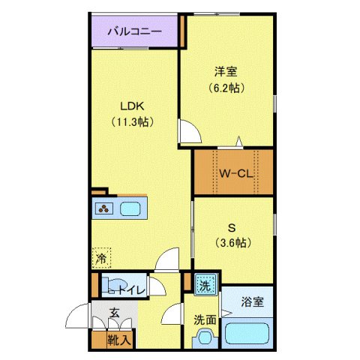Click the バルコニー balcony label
[x=135, y=32]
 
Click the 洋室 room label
[x=227, y=73]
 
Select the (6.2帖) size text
[x=227, y=88]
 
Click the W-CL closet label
[x=233, y=174]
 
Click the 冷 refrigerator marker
[x=101, y=259]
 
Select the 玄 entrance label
[x=114, y=313]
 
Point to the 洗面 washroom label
[x=205, y=319]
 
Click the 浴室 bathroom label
[x=252, y=302]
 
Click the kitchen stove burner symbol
[x=104, y=209]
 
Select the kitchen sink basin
[x=133, y=209]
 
